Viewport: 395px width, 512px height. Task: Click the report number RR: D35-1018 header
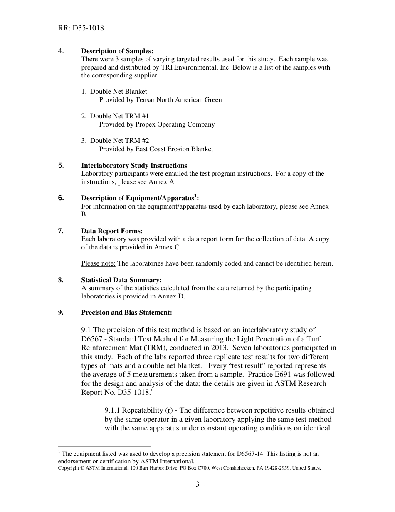pyautogui.click(x=81, y=28)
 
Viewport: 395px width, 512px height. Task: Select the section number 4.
pyautogui.click(x=61, y=51)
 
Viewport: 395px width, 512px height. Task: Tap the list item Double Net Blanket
pyautogui.click(x=118, y=92)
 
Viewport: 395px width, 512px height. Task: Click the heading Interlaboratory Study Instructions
pyautogui.click(x=134, y=166)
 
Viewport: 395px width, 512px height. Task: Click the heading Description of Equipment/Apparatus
pyautogui.click(x=137, y=198)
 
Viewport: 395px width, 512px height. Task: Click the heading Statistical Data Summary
pyautogui.click(x=121, y=280)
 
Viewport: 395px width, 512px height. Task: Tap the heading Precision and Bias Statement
pyautogui.click(x=126, y=313)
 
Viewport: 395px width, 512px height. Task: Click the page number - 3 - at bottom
pyautogui.click(x=197, y=485)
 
